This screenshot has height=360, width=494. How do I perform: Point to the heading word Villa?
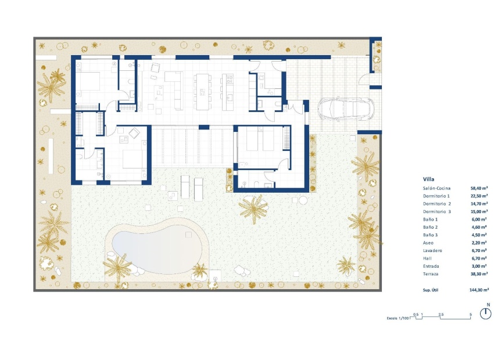click(x=428, y=179)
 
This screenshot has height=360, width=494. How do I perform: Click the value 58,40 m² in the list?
click(x=479, y=189)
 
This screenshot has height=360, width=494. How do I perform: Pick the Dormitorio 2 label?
click(x=437, y=204)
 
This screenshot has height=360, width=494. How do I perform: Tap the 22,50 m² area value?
click(x=479, y=196)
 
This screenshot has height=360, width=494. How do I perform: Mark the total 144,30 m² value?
click(x=479, y=289)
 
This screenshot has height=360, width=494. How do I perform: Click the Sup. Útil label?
click(x=433, y=289)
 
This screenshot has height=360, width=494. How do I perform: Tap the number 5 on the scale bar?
click(x=470, y=314)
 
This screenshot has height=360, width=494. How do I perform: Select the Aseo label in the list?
click(x=429, y=243)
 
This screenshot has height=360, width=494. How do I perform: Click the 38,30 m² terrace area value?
click(x=479, y=273)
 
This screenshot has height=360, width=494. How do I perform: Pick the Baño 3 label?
click(x=431, y=235)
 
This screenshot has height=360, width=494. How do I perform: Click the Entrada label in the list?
click(x=431, y=266)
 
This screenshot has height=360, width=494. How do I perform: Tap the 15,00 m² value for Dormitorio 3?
click(x=479, y=212)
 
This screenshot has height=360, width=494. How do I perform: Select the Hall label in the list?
click(x=428, y=258)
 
